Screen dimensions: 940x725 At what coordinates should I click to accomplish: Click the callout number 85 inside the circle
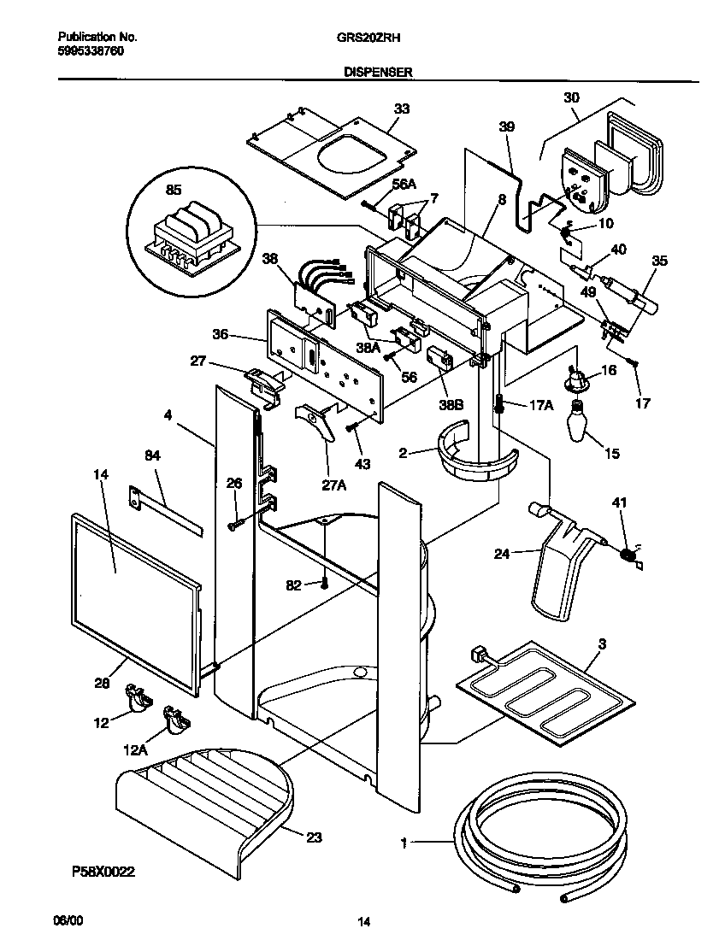tap(173, 191)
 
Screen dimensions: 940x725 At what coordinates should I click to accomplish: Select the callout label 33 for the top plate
tap(401, 109)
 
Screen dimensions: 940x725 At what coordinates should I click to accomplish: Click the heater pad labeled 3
tap(547, 684)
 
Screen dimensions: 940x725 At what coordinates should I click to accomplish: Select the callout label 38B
tap(453, 407)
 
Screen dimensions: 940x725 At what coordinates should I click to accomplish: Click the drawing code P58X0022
tap(103, 872)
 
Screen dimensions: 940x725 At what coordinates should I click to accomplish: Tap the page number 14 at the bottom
tap(363, 921)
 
